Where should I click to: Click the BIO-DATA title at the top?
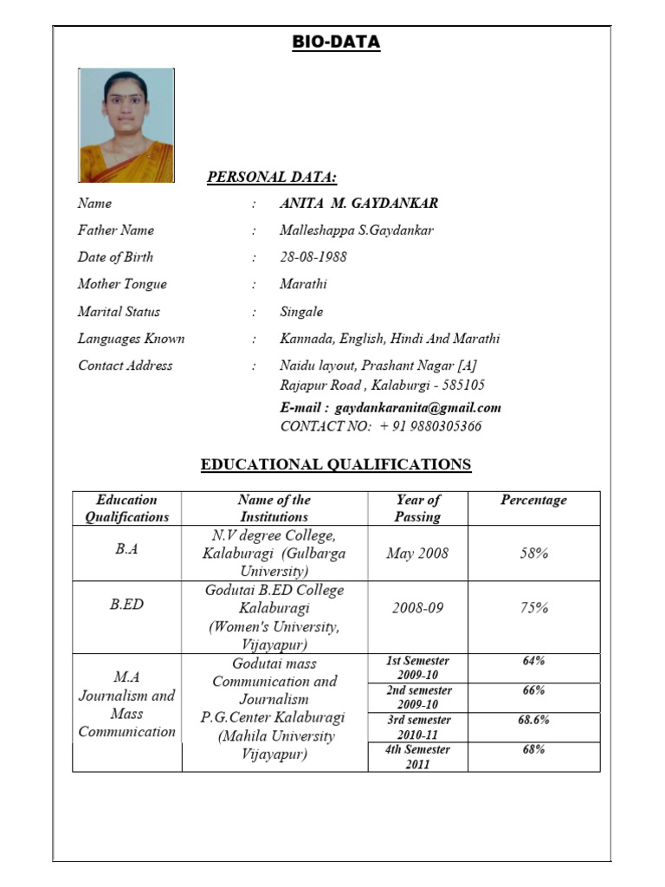(336, 42)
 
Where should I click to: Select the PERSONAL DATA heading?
(272, 178)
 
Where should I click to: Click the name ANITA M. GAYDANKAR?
(358, 204)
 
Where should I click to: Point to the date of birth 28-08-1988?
(314, 257)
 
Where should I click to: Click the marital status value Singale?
(301, 312)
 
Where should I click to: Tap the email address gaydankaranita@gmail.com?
(418, 408)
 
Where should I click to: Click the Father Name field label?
(116, 230)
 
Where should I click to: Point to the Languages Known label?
(131, 339)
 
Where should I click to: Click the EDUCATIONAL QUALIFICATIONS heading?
(336, 464)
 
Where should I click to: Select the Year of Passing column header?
(417, 508)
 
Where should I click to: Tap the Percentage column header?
(533, 500)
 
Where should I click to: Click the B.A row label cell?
(126, 550)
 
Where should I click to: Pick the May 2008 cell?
(417, 553)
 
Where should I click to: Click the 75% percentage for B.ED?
(533, 608)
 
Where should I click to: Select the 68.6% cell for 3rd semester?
(533, 720)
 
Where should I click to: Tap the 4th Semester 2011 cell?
(417, 756)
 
